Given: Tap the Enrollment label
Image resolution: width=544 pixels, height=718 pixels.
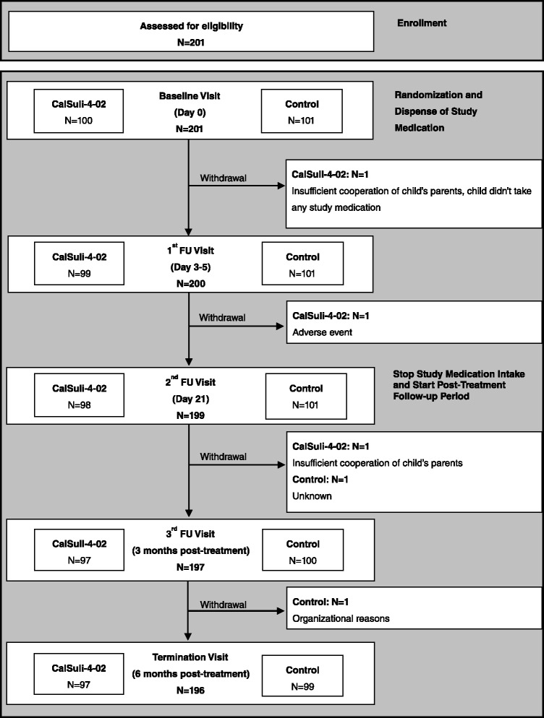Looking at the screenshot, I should pos(422,23).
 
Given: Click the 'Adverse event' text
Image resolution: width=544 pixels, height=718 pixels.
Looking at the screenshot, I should pos(320,329).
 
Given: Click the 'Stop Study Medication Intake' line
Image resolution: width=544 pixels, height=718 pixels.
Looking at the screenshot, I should pos(459,374).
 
